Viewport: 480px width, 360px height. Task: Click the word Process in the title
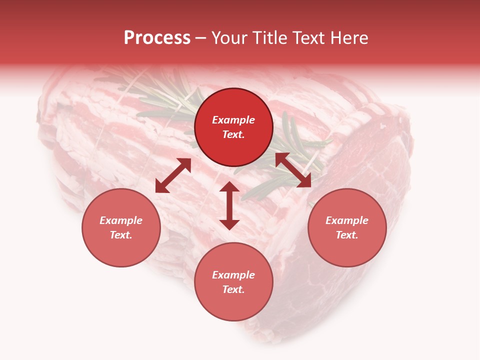[x=157, y=38]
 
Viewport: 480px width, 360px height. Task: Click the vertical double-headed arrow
[x=229, y=205]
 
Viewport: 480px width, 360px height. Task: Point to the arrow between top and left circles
[x=173, y=175]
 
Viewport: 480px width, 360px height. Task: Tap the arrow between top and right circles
[x=293, y=170]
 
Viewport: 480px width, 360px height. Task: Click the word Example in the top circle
[x=233, y=120]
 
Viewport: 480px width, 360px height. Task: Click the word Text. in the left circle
[x=121, y=235]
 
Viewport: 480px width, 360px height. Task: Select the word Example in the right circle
[x=347, y=220]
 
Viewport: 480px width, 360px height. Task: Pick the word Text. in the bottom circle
[x=233, y=289]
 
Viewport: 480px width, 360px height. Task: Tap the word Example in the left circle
[x=121, y=220]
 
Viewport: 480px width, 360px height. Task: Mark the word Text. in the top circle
[x=233, y=134]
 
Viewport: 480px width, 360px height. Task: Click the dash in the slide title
[x=201, y=38]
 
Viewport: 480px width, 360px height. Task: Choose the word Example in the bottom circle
[x=233, y=275]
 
